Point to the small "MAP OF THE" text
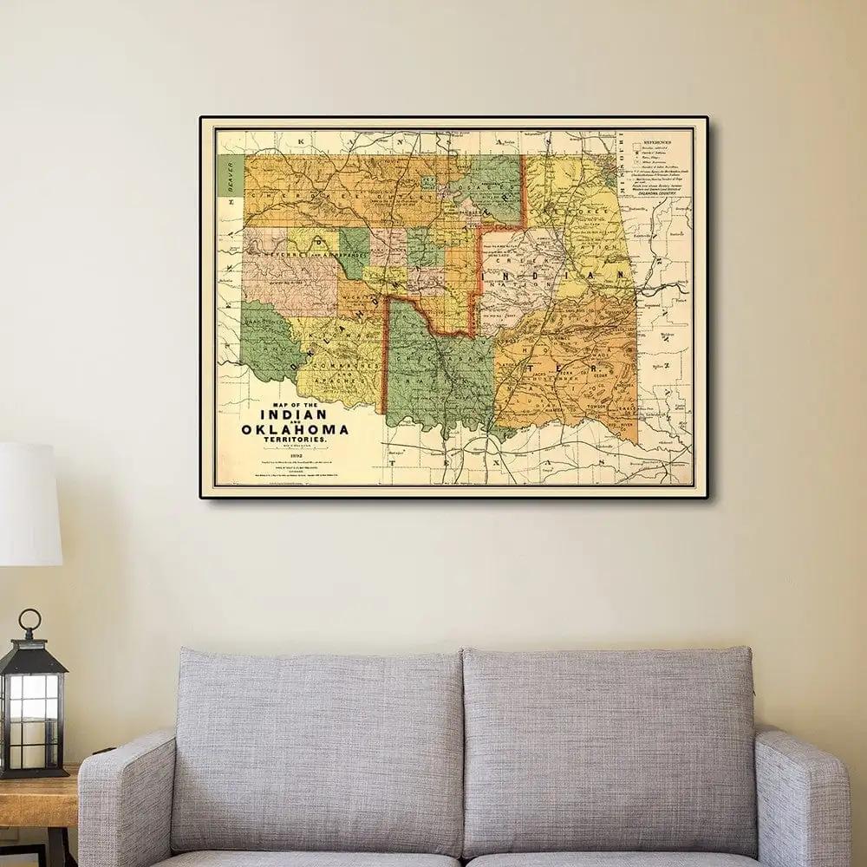click(295, 404)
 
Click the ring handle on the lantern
click(31, 620)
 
